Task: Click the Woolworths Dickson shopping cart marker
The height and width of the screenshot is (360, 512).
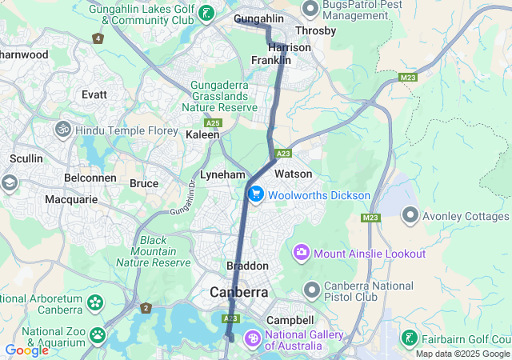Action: click(257, 194)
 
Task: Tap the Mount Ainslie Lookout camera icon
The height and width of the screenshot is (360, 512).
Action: click(302, 253)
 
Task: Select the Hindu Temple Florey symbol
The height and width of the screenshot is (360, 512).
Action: click(62, 128)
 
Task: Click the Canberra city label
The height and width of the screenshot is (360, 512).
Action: click(239, 293)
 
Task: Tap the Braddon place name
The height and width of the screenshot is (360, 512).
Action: click(247, 265)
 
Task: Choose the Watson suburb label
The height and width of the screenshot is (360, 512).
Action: click(293, 174)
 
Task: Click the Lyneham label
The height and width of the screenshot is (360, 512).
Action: click(222, 174)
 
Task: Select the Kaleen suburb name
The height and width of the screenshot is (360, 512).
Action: click(202, 135)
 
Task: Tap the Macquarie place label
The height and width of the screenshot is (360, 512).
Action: click(71, 198)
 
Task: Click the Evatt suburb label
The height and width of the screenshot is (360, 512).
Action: click(94, 94)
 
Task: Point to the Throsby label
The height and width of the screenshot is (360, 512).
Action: click(315, 30)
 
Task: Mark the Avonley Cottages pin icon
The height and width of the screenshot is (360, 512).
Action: click(411, 214)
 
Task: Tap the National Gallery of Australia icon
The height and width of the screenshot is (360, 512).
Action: click(253, 339)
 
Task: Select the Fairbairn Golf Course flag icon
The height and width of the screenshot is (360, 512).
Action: click(409, 339)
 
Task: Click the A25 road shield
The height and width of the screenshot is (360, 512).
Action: click(213, 123)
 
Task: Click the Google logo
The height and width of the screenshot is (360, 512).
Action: click(26, 350)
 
